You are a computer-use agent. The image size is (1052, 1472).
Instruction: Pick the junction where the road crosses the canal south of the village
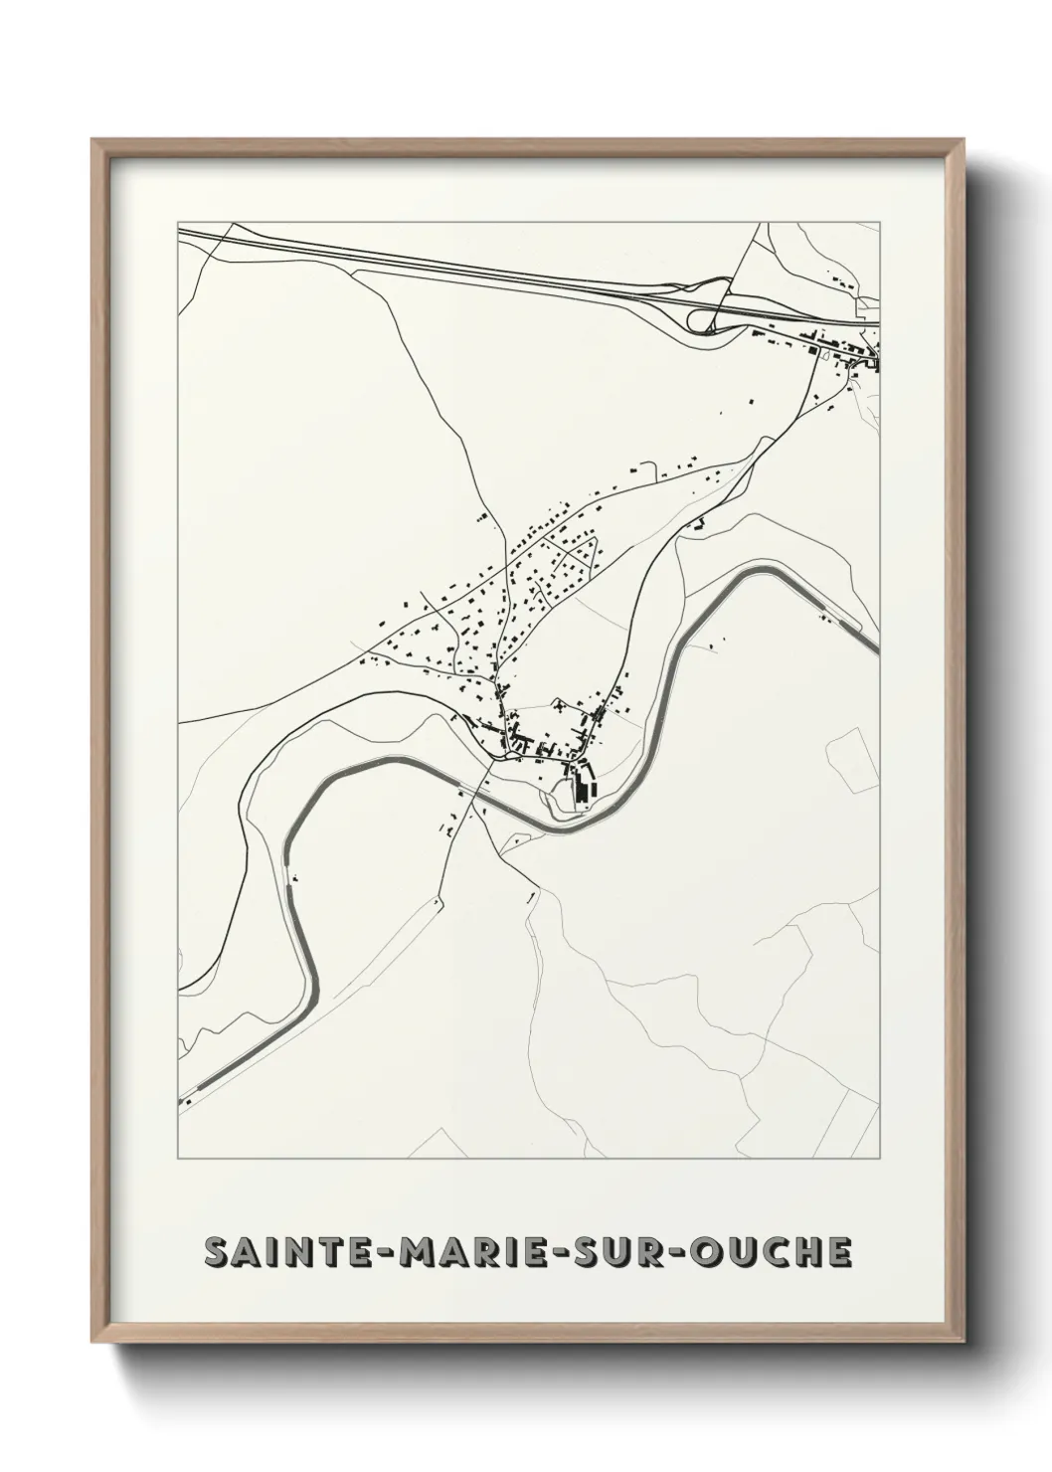[x=489, y=770]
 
